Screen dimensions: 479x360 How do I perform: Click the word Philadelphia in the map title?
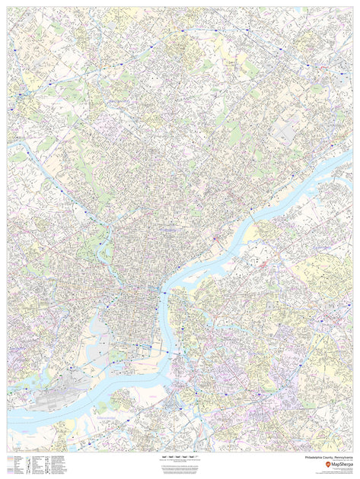[x=314, y=458]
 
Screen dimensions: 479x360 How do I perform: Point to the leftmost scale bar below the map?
[x=164, y=457]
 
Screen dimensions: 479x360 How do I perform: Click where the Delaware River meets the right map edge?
[x=352, y=157]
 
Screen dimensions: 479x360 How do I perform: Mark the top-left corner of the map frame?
[x=8, y=8]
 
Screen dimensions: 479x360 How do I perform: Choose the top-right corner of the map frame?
[x=352, y=8]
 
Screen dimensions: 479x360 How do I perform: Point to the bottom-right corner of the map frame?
[x=352, y=452]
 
